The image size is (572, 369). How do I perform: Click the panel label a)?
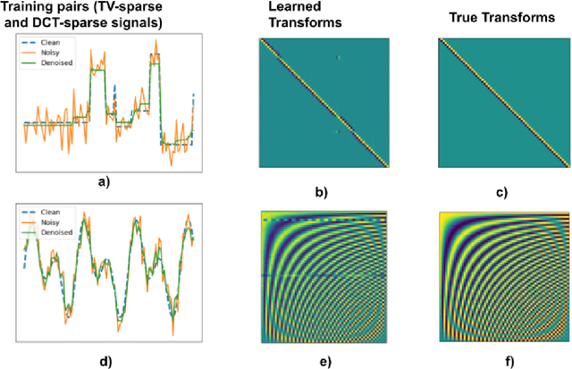(x=104, y=180)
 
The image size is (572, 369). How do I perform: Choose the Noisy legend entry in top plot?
(x=48, y=53)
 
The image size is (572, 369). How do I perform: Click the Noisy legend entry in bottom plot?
(x=48, y=226)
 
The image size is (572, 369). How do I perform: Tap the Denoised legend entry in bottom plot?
(x=53, y=234)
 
